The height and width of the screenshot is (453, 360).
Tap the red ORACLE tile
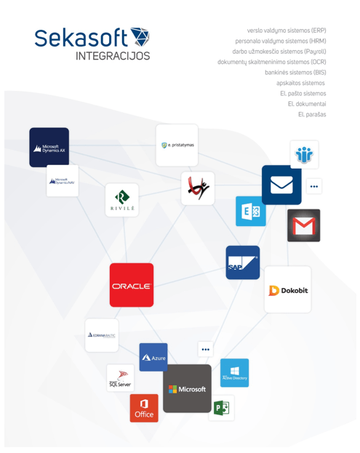point(132,285)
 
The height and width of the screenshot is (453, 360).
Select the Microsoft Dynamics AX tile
point(49,147)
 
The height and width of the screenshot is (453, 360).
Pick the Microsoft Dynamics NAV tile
point(63,181)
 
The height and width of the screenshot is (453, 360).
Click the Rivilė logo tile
point(122,200)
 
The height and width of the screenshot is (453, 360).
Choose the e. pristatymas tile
point(177,145)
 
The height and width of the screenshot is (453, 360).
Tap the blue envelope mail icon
point(281,185)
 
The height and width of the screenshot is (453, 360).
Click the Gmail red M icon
point(303,225)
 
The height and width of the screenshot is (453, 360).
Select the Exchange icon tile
point(251,211)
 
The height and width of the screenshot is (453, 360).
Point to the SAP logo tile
point(242,262)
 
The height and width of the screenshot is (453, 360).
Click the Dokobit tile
point(288,290)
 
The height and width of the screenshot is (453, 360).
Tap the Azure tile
point(153,357)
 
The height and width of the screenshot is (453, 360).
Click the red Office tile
point(144,409)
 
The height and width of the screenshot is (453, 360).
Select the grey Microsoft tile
point(187,388)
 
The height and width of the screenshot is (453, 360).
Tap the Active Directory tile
point(234,372)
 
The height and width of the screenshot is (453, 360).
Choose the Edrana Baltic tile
point(101,335)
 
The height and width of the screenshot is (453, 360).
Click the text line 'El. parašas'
point(312,114)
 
